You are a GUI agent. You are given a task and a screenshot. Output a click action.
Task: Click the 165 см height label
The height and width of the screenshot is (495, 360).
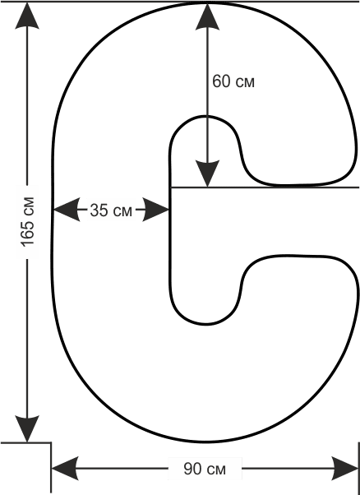[27, 221]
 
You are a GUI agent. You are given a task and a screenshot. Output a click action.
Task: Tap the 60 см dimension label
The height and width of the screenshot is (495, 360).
[233, 81]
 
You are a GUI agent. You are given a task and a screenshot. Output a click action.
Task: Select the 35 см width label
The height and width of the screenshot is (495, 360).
[111, 210]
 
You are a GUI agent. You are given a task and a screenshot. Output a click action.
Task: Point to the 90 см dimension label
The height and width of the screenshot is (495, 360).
[205, 469]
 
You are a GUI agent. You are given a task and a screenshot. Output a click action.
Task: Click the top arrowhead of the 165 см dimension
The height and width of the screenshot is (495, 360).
[27, 15]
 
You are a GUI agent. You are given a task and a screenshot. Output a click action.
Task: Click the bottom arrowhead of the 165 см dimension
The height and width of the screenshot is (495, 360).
[27, 428]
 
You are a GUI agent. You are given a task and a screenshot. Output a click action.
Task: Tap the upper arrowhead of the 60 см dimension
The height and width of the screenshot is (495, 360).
[207, 16]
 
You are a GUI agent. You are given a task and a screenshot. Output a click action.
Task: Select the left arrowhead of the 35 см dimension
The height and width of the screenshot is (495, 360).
[67, 210]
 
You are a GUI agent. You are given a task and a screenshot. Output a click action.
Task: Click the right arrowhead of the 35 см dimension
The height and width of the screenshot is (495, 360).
[156, 210]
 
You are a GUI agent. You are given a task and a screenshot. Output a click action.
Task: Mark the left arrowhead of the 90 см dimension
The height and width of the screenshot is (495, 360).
[65, 469]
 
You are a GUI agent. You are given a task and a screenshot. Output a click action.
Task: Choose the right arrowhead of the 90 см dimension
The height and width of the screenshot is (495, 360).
[345, 469]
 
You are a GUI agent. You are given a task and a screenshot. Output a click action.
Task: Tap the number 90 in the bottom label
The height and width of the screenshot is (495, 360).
[192, 469]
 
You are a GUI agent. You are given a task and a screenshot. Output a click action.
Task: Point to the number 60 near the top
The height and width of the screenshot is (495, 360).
[221, 81]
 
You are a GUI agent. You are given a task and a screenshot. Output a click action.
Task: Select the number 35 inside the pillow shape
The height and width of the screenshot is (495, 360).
[99, 210]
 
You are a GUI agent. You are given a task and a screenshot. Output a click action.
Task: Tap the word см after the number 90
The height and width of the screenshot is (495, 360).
[216, 470]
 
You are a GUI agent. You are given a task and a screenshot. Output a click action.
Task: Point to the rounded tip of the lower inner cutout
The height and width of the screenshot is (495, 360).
[205, 324]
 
